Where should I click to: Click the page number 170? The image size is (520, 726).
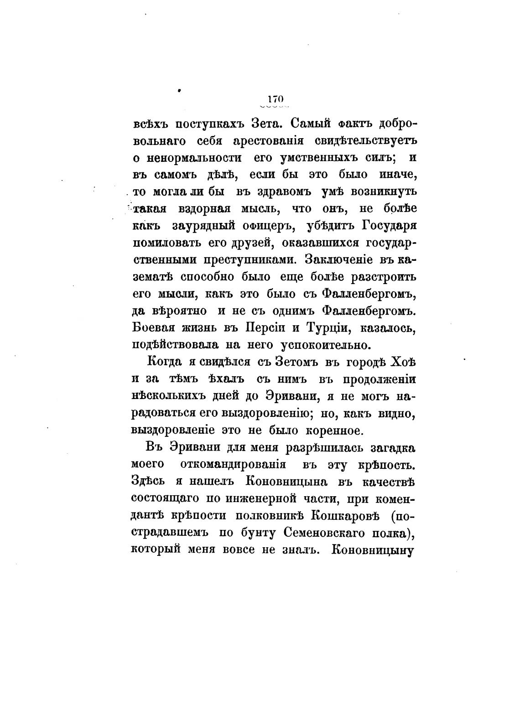(x=276, y=99)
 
